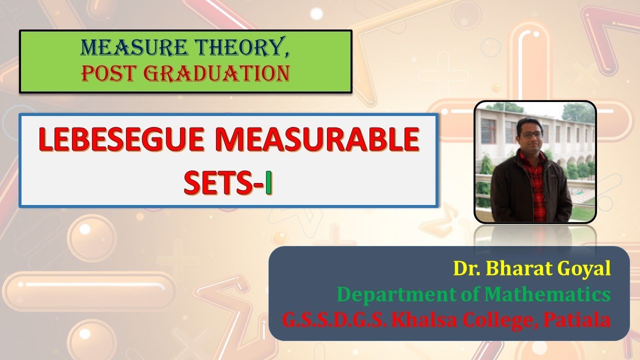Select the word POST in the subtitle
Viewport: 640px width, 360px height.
pyautogui.click(x=105, y=73)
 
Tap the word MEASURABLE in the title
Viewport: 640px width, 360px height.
pyautogui.click(x=317, y=140)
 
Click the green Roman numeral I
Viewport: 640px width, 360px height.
pyautogui.click(x=268, y=183)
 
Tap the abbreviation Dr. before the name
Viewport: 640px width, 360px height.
pyautogui.click(x=465, y=269)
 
